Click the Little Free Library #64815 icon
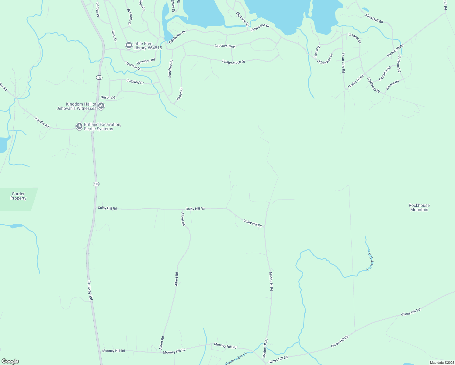click(129, 46)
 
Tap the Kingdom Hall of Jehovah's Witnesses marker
click(102, 106)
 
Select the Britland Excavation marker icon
click(79, 126)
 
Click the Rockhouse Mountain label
click(419, 207)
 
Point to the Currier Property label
click(18, 196)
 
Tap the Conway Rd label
click(90, 290)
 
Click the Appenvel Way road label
click(225, 46)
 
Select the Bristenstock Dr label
click(234, 62)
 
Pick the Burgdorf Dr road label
click(135, 82)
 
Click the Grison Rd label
click(108, 98)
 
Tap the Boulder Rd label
click(42, 122)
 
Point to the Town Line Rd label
click(343, 63)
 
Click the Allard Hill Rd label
click(374, 19)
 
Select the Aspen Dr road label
click(180, 94)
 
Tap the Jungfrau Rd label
click(171, 68)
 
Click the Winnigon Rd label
click(146, 61)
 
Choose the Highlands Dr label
click(373, 85)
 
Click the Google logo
click(10, 361)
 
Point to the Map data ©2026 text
click(441, 363)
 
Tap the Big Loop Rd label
click(242, 19)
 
